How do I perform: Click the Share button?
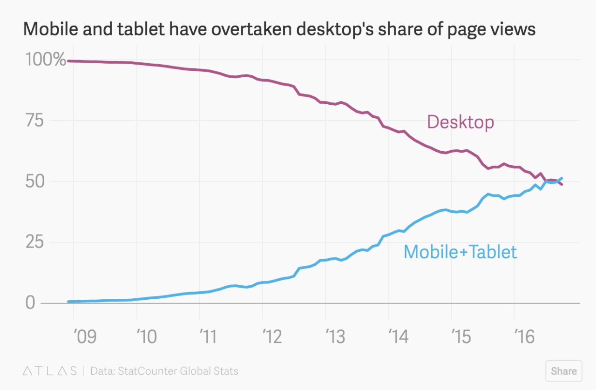click(x=563, y=371)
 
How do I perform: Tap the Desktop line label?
click(x=460, y=122)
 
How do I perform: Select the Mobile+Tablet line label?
click(x=460, y=252)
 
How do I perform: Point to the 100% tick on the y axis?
click(x=45, y=60)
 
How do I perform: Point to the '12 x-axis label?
click(x=273, y=336)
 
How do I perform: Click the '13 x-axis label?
click(x=336, y=336)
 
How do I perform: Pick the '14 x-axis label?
click(x=399, y=336)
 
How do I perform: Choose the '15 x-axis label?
click(x=462, y=336)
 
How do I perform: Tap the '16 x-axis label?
click(x=525, y=336)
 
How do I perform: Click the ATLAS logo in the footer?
click(x=50, y=371)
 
